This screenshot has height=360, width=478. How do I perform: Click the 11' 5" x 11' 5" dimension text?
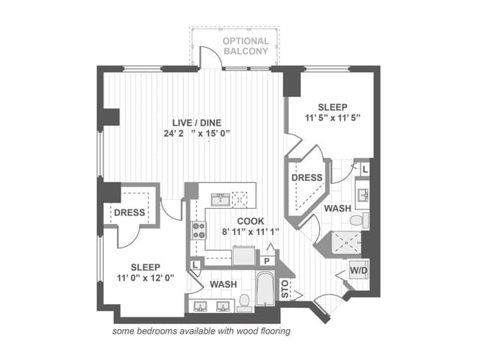[333, 117]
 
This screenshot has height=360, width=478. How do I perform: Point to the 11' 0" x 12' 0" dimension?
[145, 278]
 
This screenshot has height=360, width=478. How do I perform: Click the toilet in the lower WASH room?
[246, 302]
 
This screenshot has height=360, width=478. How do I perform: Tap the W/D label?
[359, 269]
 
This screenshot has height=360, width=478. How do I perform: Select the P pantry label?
[267, 261]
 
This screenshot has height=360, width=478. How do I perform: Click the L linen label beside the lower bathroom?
[194, 264]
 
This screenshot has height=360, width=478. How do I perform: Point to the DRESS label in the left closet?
[129, 213]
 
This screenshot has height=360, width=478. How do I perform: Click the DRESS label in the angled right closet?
[306, 179]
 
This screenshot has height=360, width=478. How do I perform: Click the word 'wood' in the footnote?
[245, 331]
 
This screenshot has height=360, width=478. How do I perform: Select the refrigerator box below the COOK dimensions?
[243, 255]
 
